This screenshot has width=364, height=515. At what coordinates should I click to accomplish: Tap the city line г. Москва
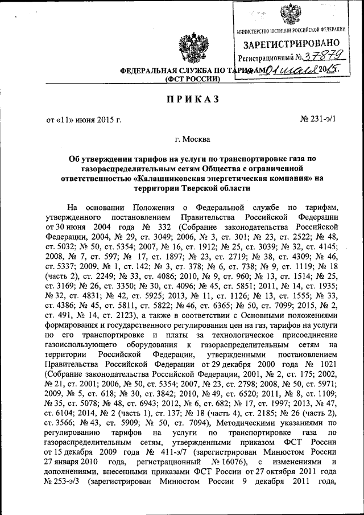pos(192,139)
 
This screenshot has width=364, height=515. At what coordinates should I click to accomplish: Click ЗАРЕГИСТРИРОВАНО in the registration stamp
pos(292,43)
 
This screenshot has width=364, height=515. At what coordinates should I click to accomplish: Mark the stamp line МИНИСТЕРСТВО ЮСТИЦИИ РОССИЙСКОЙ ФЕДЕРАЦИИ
pos(292,29)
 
